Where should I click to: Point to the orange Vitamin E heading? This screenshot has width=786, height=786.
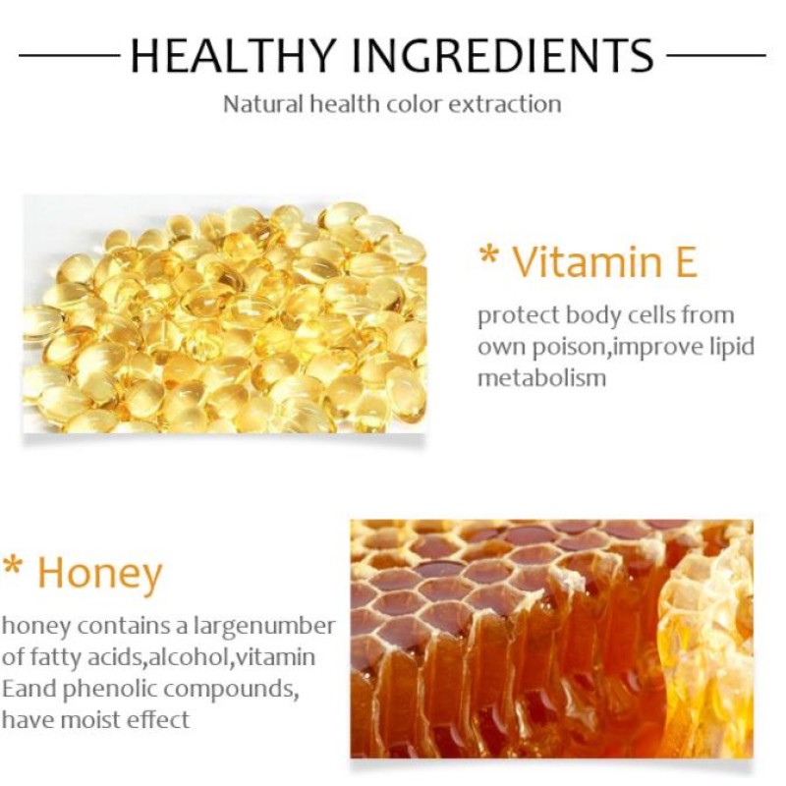[604, 262]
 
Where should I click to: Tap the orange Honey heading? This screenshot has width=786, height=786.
[99, 573]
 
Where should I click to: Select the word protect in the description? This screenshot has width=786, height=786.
[514, 317]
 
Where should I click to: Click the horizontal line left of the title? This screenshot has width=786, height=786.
[69, 56]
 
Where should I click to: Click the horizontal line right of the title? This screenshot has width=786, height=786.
[716, 56]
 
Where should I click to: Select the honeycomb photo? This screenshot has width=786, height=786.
[551, 638]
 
